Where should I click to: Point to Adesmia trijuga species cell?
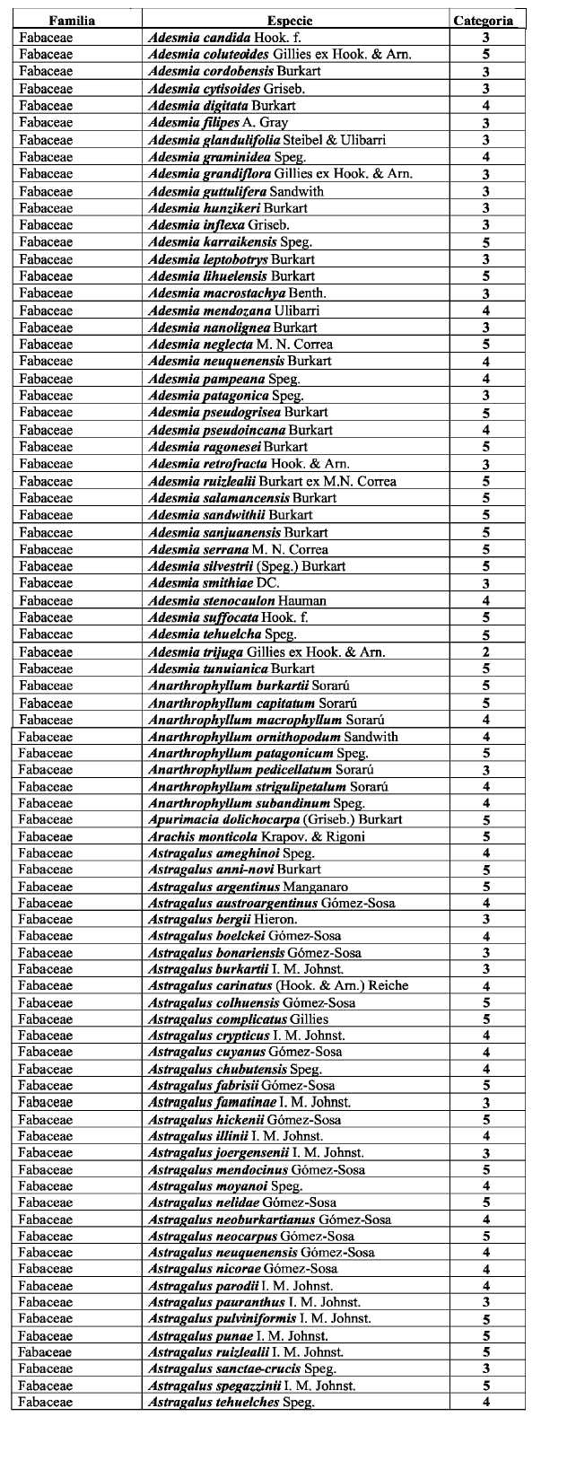pyautogui.click(x=266, y=652)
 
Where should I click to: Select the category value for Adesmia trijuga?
pyautogui.click(x=485, y=652)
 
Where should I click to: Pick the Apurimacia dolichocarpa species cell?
pyautogui.click(x=275, y=819)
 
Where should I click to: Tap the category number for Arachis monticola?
pyautogui.click(x=485, y=836)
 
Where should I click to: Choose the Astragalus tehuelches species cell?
pyautogui.click(x=231, y=1403)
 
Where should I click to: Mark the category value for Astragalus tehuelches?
pyautogui.click(x=485, y=1403)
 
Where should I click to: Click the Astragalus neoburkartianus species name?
pyautogui.click(x=269, y=1220)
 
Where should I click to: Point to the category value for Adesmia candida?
pyautogui.click(x=485, y=38)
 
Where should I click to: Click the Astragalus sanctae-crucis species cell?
pyautogui.click(x=241, y=1368)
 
